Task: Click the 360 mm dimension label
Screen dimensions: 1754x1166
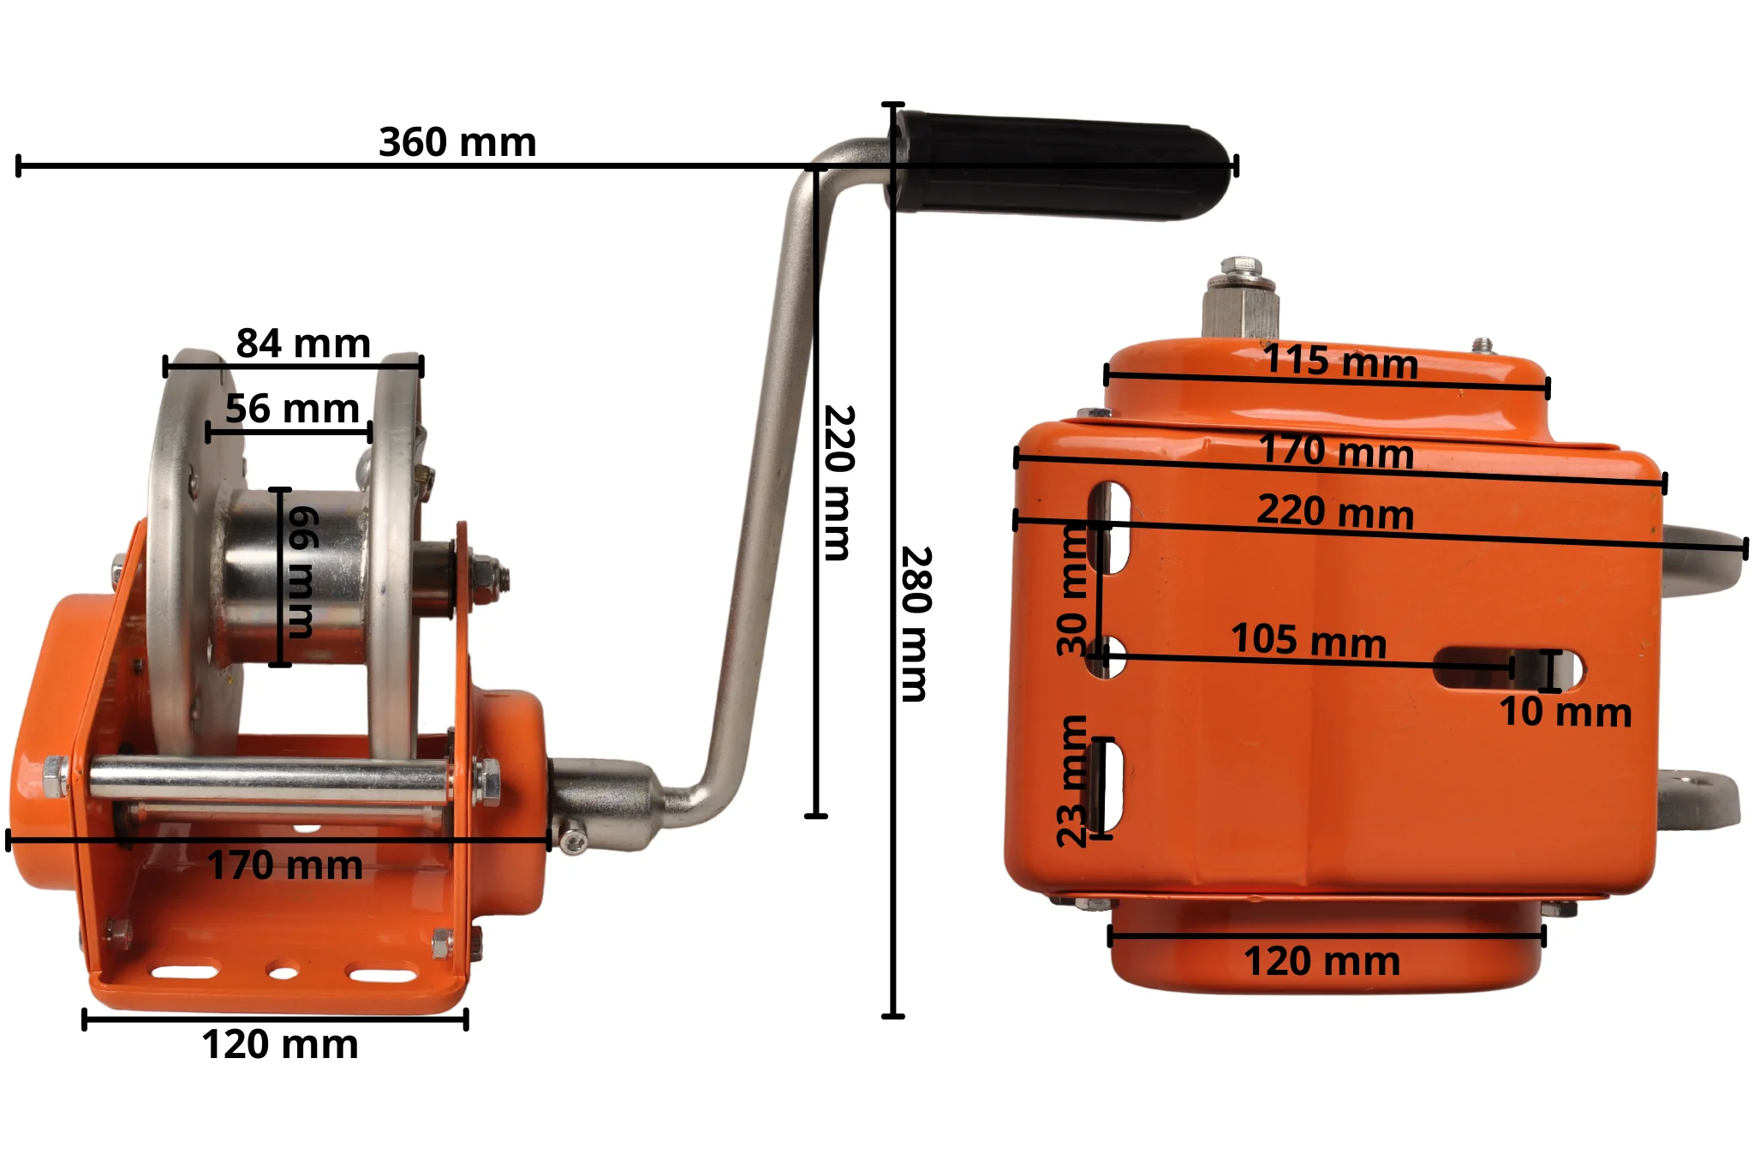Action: click(457, 142)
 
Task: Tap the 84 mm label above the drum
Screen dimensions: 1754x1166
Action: click(303, 344)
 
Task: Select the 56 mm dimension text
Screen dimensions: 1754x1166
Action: click(292, 409)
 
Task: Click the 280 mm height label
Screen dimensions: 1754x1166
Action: click(916, 624)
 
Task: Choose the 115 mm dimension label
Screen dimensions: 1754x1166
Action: click(1340, 361)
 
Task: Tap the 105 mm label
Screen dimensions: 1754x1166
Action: click(1309, 641)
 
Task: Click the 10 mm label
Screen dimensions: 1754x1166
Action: click(1566, 712)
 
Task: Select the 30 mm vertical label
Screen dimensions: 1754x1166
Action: click(1072, 589)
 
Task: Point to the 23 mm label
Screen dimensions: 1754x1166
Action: click(1072, 780)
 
